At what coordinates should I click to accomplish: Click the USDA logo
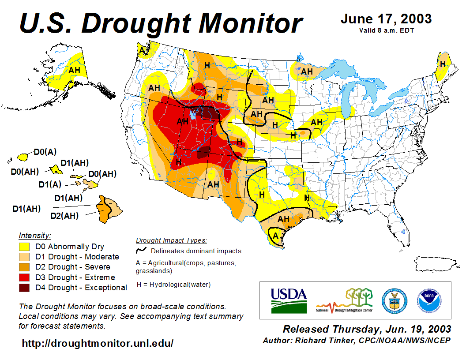click(x=289, y=300)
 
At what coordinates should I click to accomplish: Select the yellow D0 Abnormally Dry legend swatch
click(x=24, y=247)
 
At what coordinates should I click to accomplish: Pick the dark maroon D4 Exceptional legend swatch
click(x=24, y=288)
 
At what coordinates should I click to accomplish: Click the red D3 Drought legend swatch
click(x=24, y=277)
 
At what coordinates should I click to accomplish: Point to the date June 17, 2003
click(x=386, y=19)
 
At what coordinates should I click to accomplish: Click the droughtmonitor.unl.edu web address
click(x=98, y=343)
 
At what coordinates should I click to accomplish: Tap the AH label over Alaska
click(x=74, y=70)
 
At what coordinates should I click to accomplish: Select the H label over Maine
click(x=443, y=64)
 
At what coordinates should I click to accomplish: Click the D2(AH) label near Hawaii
click(x=64, y=216)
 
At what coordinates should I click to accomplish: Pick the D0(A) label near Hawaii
click(x=45, y=152)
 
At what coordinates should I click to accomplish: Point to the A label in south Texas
click(x=276, y=235)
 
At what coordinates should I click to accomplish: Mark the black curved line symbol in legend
click(x=141, y=250)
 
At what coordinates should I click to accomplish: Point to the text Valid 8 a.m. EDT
click(x=386, y=30)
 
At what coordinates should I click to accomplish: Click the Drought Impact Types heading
click(x=171, y=240)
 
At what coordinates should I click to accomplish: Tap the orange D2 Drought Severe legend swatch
click(x=24, y=267)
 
